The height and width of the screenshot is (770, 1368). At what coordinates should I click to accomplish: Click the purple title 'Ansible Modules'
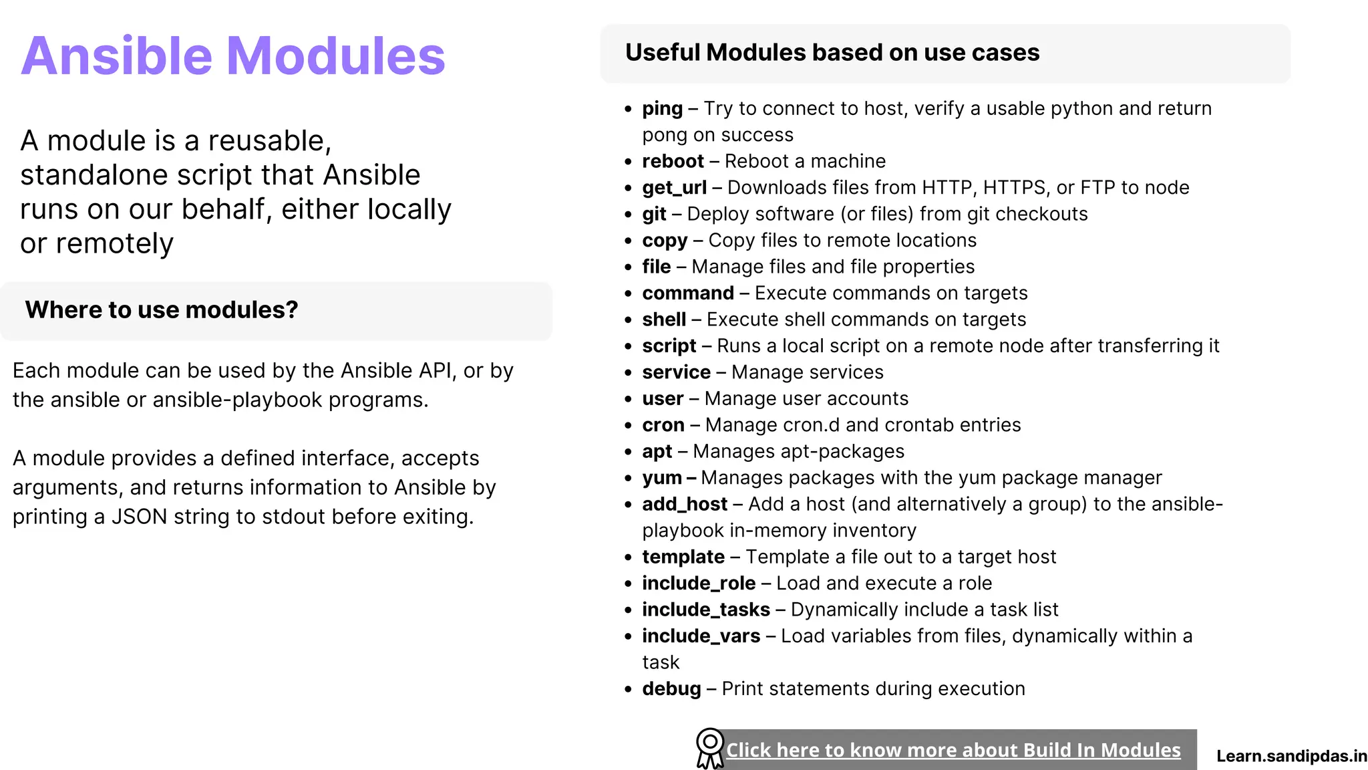click(232, 56)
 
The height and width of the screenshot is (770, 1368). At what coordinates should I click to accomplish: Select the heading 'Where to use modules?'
click(161, 310)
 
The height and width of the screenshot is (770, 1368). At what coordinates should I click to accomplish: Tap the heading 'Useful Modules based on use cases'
click(832, 53)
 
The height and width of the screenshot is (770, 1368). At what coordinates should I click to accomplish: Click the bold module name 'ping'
click(662, 109)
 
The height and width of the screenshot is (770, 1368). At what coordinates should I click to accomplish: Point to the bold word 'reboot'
click(673, 162)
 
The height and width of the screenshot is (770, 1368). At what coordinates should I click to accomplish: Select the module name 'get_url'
click(674, 188)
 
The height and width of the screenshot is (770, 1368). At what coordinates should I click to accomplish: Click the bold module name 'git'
click(654, 214)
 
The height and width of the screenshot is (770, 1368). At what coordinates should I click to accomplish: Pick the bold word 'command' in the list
click(688, 293)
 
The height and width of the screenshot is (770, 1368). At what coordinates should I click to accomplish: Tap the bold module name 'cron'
click(663, 425)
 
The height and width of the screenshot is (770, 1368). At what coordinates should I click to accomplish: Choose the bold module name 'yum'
click(662, 478)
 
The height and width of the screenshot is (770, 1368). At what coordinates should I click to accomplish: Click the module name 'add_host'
click(685, 504)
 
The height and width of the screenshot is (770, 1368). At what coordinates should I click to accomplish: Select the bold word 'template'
click(683, 557)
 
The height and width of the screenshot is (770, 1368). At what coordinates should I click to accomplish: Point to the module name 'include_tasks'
click(706, 610)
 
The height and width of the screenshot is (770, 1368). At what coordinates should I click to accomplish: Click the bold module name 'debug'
click(671, 689)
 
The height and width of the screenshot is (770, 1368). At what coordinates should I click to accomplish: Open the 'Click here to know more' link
click(953, 750)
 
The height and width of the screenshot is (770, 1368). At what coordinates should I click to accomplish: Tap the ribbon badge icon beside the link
click(709, 748)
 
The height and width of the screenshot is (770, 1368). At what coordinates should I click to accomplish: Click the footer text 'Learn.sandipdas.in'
click(1291, 756)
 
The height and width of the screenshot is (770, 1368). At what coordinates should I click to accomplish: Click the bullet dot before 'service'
click(628, 373)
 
